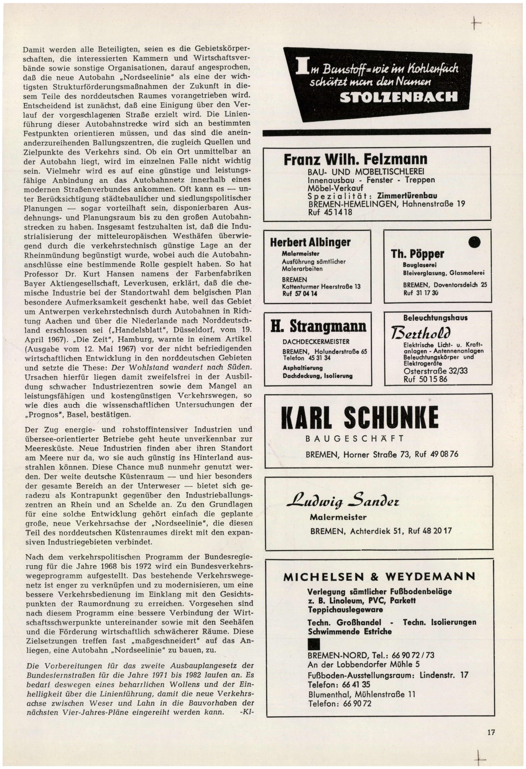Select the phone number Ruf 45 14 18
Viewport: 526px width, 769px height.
click(x=330, y=212)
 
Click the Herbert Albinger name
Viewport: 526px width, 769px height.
click(x=310, y=242)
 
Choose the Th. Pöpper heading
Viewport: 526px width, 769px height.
click(x=417, y=254)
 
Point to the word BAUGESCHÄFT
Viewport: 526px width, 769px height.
click(x=354, y=439)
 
